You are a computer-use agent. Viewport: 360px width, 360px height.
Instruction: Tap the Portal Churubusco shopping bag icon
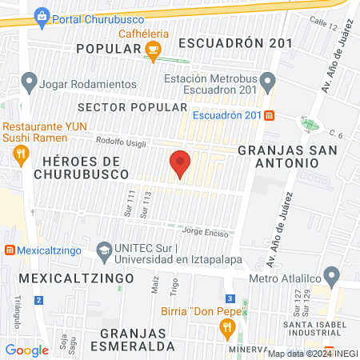pos(42,16)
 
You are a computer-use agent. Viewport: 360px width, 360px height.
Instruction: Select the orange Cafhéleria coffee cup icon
pos(153,50)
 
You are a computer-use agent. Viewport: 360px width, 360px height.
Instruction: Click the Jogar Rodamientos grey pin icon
pos(30,80)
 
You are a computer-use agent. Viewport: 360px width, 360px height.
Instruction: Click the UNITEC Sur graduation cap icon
pos(103,251)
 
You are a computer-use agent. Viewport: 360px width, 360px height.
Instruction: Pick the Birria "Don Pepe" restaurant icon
pos(227,326)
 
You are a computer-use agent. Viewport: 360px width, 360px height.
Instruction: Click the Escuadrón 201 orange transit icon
pos(270,114)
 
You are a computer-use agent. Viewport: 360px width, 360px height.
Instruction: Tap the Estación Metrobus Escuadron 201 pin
pos(268,80)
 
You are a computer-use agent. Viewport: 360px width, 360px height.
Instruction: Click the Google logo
pos(27,350)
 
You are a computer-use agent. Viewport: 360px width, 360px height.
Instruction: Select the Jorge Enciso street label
pos(206,233)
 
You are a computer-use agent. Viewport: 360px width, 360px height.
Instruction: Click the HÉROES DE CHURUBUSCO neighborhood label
pos(82,167)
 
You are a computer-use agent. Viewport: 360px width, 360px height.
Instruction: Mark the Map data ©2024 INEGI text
pos(312,354)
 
